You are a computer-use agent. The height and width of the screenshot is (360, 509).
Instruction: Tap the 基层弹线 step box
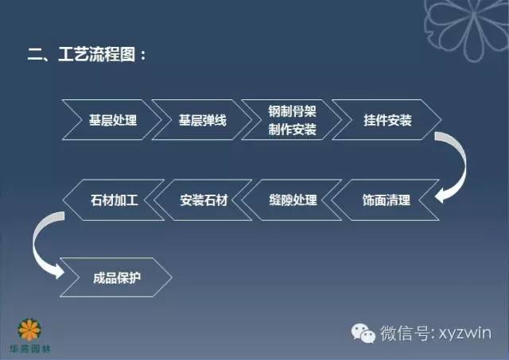[x=203, y=122]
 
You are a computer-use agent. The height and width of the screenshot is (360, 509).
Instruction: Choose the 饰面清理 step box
[x=382, y=200]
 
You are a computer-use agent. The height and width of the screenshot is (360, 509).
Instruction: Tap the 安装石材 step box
[x=204, y=200]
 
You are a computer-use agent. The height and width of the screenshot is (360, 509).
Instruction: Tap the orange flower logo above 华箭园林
[x=32, y=327]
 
